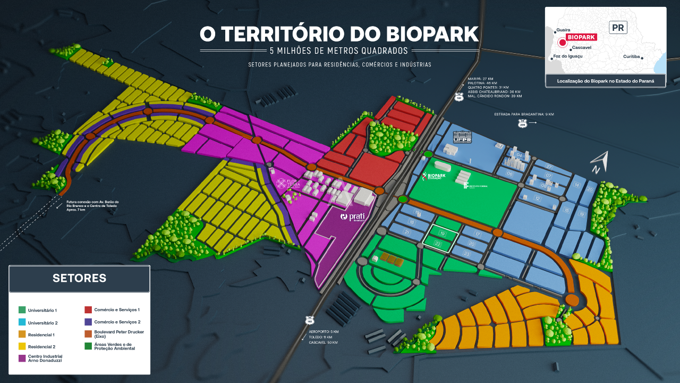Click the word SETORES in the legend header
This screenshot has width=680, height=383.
point(79,278)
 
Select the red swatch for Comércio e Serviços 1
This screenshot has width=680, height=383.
point(88,310)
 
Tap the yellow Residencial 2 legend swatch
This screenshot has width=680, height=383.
point(21,347)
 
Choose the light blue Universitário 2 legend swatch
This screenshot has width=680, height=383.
point(21,322)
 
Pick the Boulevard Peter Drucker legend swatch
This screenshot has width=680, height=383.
point(88,334)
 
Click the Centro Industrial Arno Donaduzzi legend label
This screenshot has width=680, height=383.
point(45,358)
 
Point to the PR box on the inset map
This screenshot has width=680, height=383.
point(618,28)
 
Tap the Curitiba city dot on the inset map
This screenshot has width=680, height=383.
point(642,59)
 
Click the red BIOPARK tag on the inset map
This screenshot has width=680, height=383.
point(581,37)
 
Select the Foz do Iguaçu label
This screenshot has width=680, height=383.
point(567,56)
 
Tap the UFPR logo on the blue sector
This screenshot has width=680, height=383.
point(462,137)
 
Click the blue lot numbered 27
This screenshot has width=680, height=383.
point(549,167)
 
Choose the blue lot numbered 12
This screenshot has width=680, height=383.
point(537,198)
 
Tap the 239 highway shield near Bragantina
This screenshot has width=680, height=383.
point(523,123)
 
